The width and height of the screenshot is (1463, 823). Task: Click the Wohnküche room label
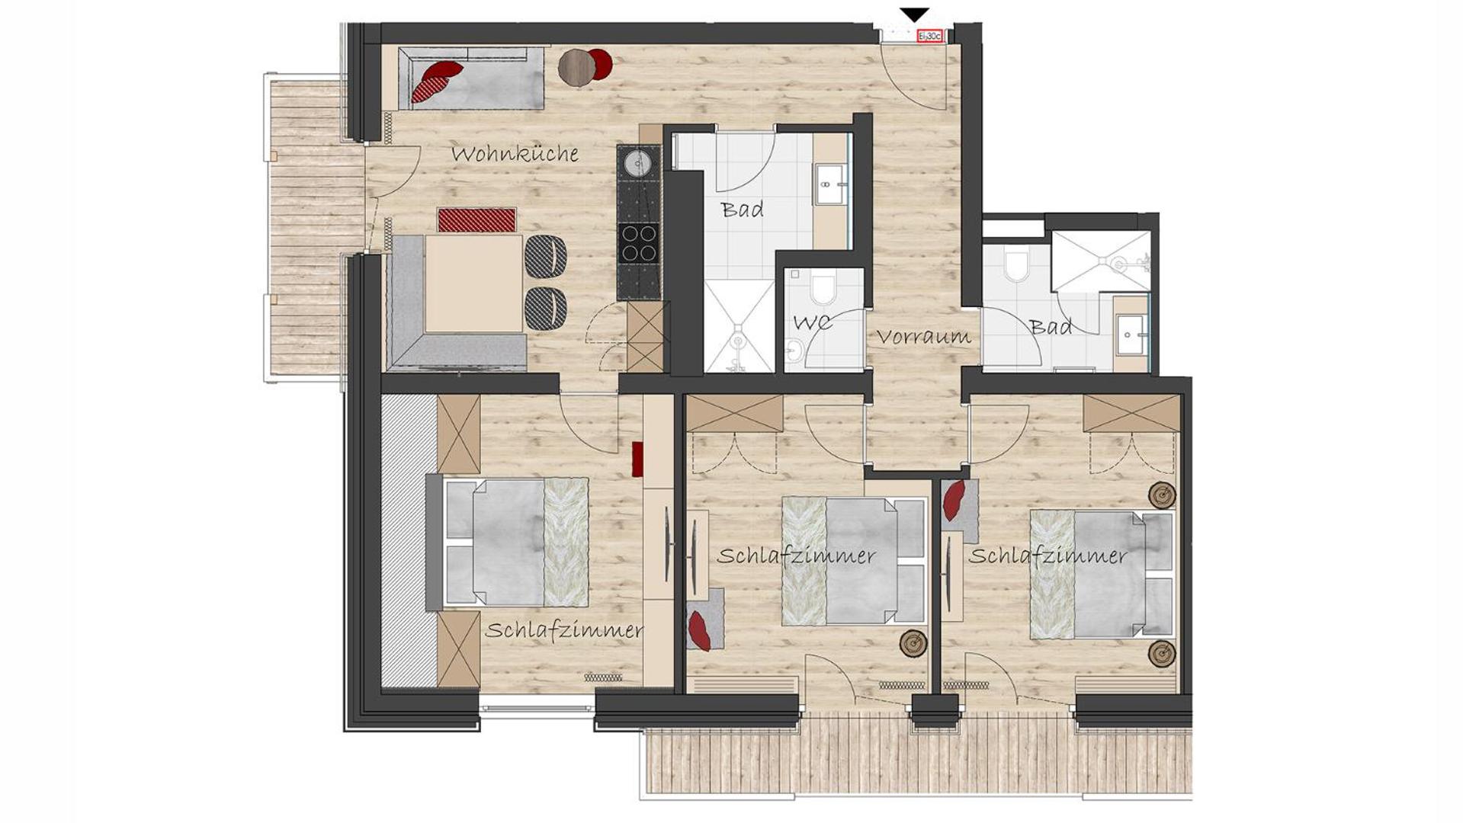tap(515, 153)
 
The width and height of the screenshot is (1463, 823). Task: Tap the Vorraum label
tap(923, 336)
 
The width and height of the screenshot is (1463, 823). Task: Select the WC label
tap(813, 322)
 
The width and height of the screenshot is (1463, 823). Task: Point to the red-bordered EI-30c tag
tap(930, 36)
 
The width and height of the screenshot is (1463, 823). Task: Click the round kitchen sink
tap(637, 162)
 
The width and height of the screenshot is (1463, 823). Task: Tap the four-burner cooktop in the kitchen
tap(638, 243)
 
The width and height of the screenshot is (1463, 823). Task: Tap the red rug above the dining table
tap(477, 219)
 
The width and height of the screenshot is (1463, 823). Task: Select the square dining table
tap(474, 283)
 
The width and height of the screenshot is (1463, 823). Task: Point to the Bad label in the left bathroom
tap(742, 209)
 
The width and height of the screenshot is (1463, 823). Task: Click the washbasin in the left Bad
tap(831, 183)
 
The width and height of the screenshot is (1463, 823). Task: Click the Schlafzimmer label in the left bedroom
tap(563, 631)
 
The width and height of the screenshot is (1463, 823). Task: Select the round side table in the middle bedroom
tap(913, 643)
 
